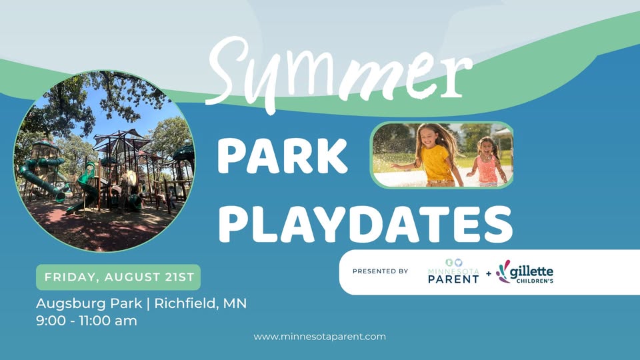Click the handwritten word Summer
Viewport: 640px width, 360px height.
pyautogui.click(x=341, y=73)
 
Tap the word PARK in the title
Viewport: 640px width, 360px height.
pyautogui.click(x=282, y=157)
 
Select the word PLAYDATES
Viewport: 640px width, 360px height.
pyautogui.click(x=365, y=224)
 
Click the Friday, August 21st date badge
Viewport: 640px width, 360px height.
pyautogui.click(x=119, y=277)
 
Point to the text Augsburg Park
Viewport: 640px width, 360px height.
pyautogui.click(x=89, y=304)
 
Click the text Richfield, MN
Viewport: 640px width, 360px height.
pyautogui.click(x=201, y=304)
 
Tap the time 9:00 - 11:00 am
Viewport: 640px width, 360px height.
pyautogui.click(x=87, y=321)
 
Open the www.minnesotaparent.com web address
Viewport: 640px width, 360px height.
pyautogui.click(x=319, y=337)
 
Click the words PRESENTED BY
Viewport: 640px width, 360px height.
pyautogui.click(x=381, y=271)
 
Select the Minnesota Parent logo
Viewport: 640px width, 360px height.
pyautogui.click(x=453, y=271)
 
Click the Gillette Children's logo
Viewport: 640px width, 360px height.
pyautogui.click(x=525, y=272)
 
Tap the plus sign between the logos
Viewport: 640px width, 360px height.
pyautogui.click(x=489, y=273)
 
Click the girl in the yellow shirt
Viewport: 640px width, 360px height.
pyautogui.click(x=433, y=155)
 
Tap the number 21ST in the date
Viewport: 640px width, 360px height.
pyautogui.click(x=179, y=277)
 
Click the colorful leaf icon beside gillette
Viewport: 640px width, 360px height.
pyautogui.click(x=503, y=271)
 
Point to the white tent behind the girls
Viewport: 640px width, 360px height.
pyautogui.click(x=504, y=135)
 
